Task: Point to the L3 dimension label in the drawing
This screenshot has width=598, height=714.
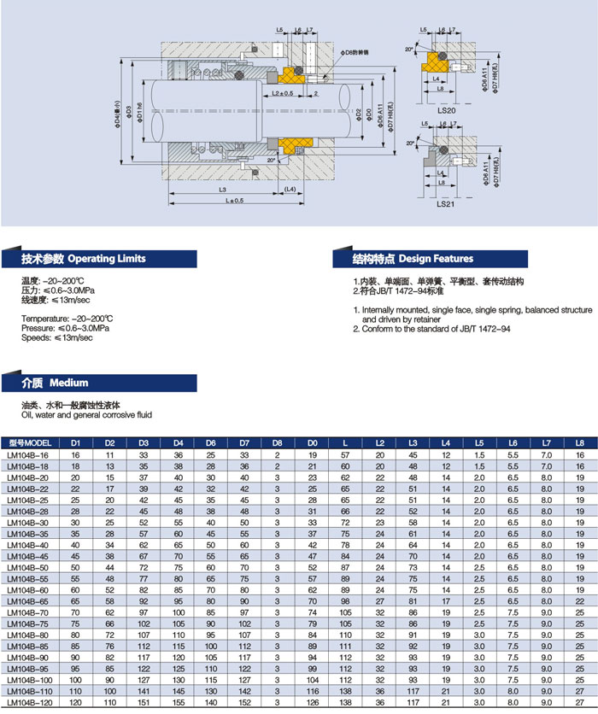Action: tap(222, 189)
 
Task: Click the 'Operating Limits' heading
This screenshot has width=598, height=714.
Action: tap(106, 258)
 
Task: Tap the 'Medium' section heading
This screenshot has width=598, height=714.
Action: tap(68, 383)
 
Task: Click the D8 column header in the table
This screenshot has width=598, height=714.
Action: tap(278, 443)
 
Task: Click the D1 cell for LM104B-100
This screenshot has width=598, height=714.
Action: tap(75, 678)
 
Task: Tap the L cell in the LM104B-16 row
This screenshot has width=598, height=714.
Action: tap(344, 456)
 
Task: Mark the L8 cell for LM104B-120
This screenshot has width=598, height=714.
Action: tap(579, 702)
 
